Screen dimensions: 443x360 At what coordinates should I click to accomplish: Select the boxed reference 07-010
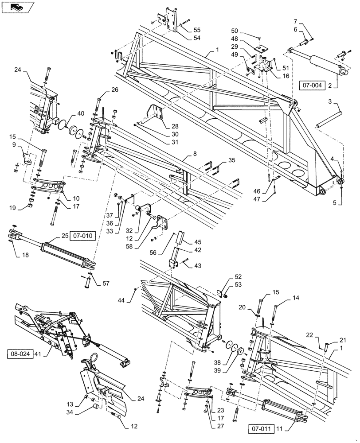coord(82,236)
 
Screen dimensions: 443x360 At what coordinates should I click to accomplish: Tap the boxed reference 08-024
coord(20,354)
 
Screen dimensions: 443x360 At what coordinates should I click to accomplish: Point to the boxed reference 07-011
coord(261,429)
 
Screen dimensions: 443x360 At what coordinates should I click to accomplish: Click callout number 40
coord(80,114)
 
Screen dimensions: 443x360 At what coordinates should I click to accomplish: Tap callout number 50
coord(235,31)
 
